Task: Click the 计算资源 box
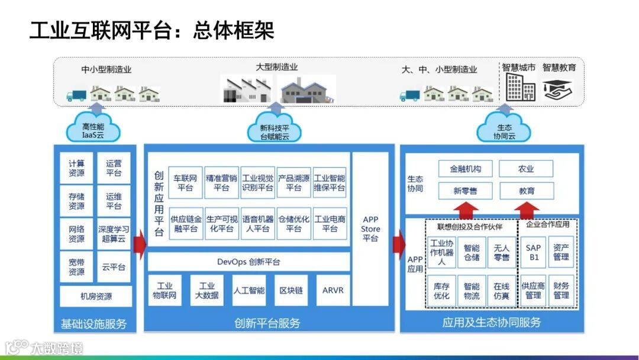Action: (76, 168)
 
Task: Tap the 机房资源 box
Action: (96, 296)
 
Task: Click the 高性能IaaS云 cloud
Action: (93, 129)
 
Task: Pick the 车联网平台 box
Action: (185, 182)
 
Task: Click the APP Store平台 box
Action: (370, 229)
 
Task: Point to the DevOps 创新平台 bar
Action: (248, 262)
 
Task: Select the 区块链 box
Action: (291, 290)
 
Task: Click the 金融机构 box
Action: (466, 169)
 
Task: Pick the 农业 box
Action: (526, 169)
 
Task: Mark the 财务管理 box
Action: (561, 290)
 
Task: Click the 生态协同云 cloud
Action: (504, 129)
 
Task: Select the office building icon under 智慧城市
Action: (520, 88)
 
